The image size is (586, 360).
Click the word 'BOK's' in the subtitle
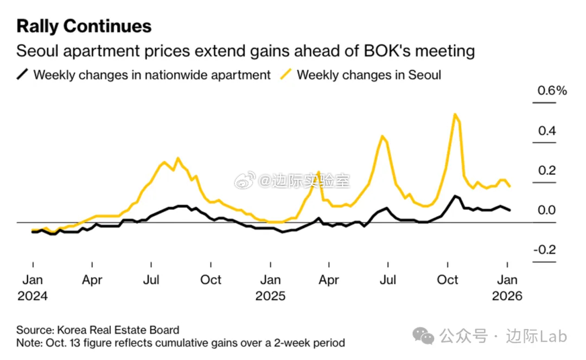pyautogui.click(x=375, y=52)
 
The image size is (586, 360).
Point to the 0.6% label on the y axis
pyautogui.click(x=552, y=91)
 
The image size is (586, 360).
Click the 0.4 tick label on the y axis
pyautogui.click(x=547, y=131)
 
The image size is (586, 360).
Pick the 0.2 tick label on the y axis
pyautogui.click(x=547, y=170)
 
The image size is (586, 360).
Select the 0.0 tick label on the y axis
pyautogui.click(x=547, y=210)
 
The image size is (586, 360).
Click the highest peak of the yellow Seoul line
pyautogui.click(x=455, y=114)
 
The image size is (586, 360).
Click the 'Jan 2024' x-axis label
pyautogui.click(x=32, y=288)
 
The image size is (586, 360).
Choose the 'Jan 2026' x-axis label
pyautogui.click(x=507, y=288)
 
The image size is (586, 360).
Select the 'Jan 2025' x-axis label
pyautogui.click(x=270, y=288)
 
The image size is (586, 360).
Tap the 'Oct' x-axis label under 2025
pyautogui.click(x=448, y=280)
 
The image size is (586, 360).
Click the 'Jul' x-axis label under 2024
pyautogui.click(x=151, y=280)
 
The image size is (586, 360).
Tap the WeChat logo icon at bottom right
pyautogui.click(x=423, y=336)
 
